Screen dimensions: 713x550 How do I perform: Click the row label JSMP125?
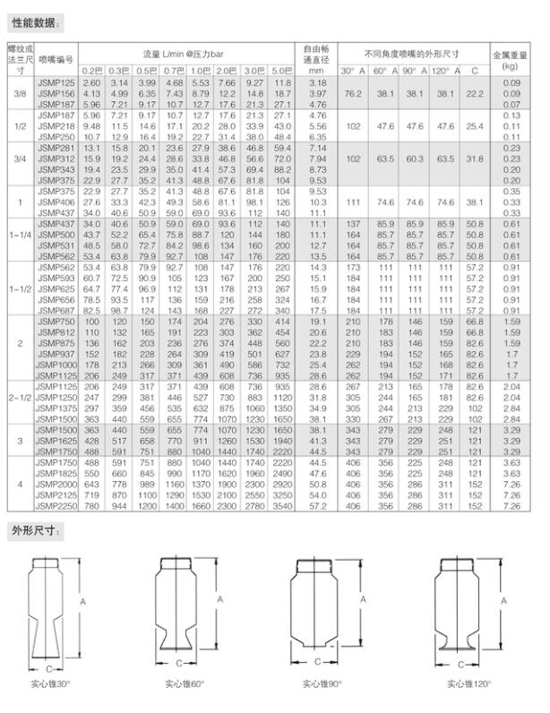(56, 82)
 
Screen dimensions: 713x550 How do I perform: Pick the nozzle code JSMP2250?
(56, 506)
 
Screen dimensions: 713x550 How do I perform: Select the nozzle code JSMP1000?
(56, 365)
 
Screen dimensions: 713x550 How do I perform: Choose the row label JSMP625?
(56, 289)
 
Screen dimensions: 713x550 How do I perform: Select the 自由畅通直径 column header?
(314, 60)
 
